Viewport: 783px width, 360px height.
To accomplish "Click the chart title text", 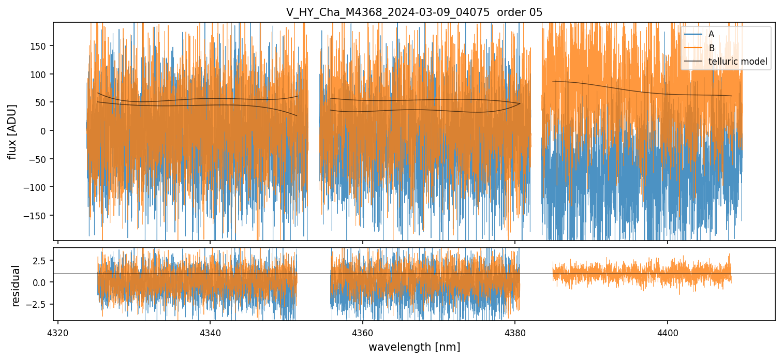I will coord(414,12).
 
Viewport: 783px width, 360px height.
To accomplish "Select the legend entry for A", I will coord(711,34).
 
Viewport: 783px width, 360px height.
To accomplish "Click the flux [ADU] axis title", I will coord(12,131).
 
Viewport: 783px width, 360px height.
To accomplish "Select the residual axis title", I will coord(16,286).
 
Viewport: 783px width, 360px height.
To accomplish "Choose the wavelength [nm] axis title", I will coord(414,347).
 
